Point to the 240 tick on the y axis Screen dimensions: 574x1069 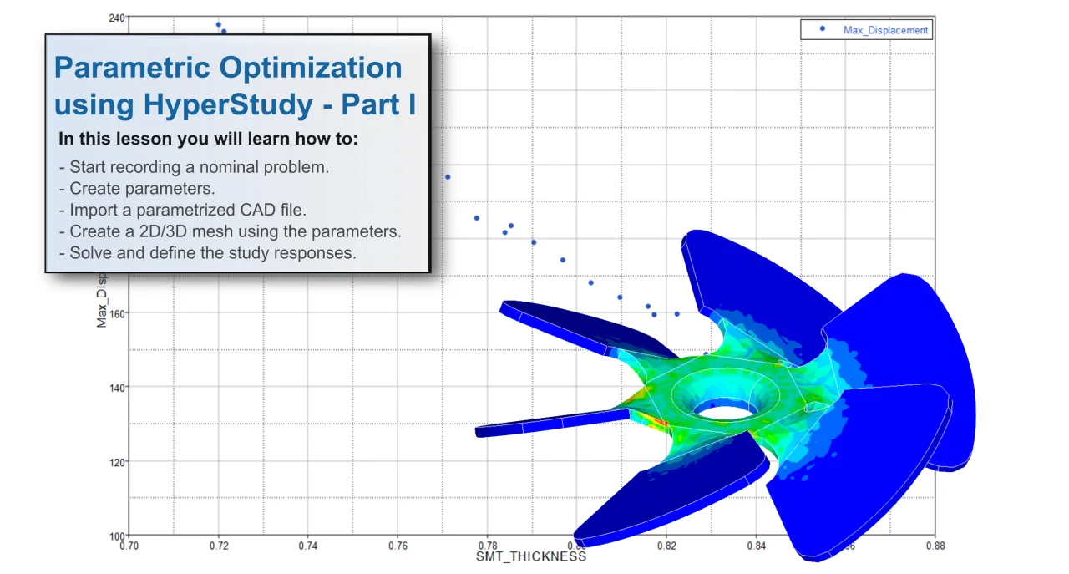click(117, 18)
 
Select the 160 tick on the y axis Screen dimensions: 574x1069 click(117, 313)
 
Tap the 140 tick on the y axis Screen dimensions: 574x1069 click(117, 388)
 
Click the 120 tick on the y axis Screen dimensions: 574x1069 click(117, 462)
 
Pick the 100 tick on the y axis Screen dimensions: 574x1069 click(117, 536)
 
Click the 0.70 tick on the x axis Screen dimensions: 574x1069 click(129, 546)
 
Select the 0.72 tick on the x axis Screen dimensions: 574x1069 click(219, 546)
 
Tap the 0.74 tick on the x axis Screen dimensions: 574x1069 click(308, 546)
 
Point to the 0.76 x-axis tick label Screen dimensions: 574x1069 click(398, 546)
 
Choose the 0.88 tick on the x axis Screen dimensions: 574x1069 click(935, 546)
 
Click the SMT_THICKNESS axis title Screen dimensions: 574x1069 click(531, 556)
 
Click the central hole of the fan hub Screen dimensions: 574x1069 click(723, 411)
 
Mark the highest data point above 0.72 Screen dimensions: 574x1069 click(219, 25)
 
